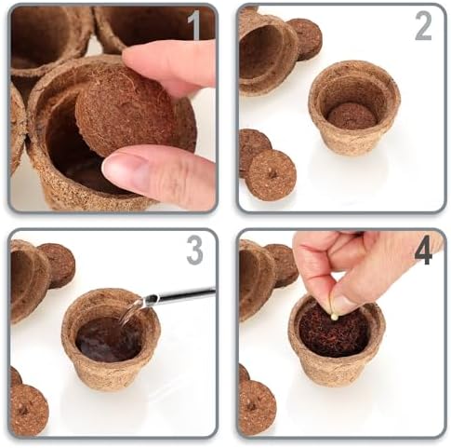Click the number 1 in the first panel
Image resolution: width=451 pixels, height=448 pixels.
[194, 25]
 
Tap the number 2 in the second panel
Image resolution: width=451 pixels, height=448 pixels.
[423, 27]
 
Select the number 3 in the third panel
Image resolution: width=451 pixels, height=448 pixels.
[194, 251]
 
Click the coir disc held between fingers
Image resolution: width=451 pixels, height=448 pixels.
[124, 109]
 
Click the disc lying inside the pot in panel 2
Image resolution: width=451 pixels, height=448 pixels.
[352, 116]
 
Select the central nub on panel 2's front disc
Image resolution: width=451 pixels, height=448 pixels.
[272, 173]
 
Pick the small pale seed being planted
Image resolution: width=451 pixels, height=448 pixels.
[333, 317]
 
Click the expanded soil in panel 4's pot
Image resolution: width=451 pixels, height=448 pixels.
[332, 333]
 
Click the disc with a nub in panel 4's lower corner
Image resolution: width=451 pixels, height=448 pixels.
[258, 407]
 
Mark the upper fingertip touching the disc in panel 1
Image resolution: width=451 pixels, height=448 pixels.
[137, 56]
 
